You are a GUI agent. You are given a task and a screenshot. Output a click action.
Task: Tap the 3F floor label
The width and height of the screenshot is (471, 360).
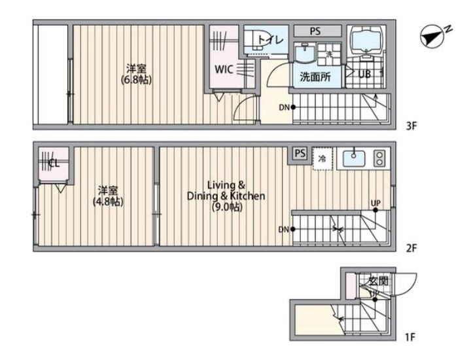[411, 126]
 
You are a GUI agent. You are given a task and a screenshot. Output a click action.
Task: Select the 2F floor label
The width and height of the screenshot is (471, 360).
[411, 248]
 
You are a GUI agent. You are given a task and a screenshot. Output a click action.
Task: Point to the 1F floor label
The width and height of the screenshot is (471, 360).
[410, 338]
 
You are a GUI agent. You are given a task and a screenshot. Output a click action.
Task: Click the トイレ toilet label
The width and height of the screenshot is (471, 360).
[270, 40]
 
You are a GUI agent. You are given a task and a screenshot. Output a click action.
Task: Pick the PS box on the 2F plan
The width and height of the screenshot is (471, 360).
[300, 153]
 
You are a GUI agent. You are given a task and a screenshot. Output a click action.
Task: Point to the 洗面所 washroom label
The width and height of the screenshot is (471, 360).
[315, 76]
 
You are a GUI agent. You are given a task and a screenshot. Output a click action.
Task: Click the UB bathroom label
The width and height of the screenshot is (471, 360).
[365, 74]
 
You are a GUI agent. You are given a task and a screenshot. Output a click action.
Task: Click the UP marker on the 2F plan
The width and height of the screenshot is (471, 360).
[375, 203]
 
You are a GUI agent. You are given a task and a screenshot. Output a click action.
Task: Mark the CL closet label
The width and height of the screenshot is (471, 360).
[53, 163]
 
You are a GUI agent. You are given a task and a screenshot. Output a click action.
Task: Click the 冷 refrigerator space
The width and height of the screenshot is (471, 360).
[322, 159]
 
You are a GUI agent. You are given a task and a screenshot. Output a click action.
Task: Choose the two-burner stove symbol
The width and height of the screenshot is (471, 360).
[379, 158]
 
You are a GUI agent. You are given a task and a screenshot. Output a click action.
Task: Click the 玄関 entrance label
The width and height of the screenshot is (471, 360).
[378, 281]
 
